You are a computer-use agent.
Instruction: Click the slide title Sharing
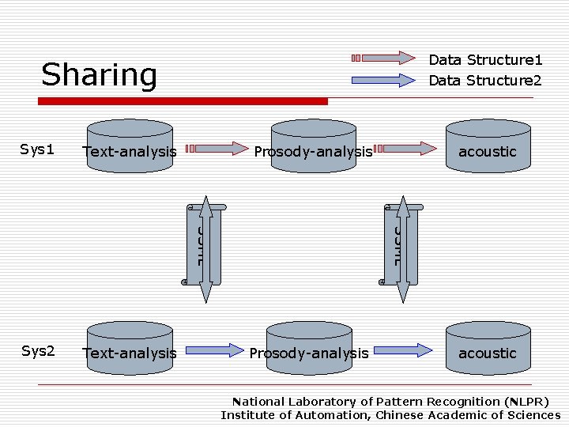tap(100, 75)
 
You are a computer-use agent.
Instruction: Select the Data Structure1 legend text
tap(484, 60)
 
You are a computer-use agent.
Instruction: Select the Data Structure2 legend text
tap(484, 81)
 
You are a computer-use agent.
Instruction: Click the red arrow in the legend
tap(382, 58)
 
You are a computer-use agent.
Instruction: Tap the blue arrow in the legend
tap(382, 80)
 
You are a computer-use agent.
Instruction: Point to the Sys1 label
tap(37, 149)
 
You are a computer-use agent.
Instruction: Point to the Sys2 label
tap(37, 351)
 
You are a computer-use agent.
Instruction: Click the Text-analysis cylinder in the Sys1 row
tap(130, 146)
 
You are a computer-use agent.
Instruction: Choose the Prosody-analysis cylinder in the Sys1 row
tap(314, 146)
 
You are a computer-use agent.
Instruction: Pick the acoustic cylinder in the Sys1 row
tap(487, 146)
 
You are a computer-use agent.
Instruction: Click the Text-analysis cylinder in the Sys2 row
tap(130, 348)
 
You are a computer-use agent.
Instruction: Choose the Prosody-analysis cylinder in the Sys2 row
tap(309, 348)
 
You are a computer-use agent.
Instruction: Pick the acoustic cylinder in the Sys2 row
tap(487, 348)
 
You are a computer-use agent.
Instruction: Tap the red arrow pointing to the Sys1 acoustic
tap(405, 148)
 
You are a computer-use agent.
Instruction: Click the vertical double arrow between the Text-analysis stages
tap(205, 249)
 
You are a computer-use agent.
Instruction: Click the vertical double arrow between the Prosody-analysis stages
tap(403, 249)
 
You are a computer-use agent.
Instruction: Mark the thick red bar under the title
tap(183, 101)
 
